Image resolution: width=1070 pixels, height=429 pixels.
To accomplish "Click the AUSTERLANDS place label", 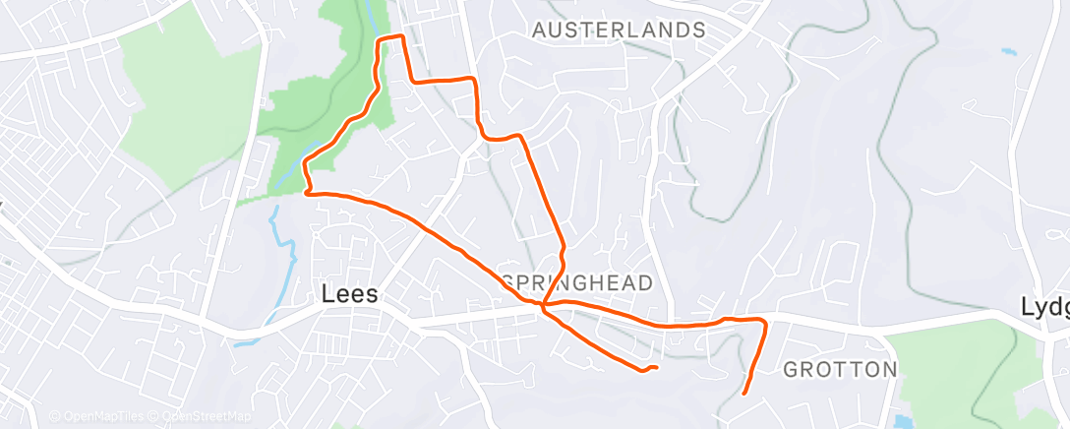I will click(619, 31).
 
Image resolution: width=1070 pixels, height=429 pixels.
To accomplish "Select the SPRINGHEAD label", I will click(578, 283).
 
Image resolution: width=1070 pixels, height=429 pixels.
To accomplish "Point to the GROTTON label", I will click(840, 370).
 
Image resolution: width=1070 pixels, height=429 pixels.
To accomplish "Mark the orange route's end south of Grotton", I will click(743, 393).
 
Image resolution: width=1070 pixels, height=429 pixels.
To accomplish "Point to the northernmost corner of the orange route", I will click(400, 36).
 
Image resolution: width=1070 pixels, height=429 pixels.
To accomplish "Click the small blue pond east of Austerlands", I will click(1008, 51).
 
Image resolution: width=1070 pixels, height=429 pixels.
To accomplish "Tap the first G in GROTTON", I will click(791, 370).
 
